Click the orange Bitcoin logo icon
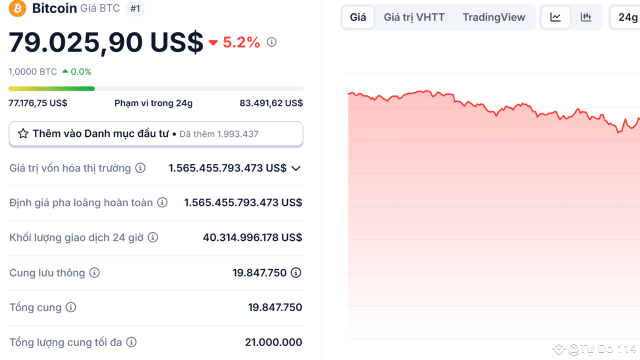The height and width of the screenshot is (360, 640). [17, 8]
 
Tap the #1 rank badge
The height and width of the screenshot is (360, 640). [135, 8]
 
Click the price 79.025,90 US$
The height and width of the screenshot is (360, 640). [106, 42]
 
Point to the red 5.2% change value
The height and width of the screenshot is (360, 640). [241, 42]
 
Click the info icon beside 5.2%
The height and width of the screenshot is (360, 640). [271, 42]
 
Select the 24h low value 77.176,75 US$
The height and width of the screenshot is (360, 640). [38, 103]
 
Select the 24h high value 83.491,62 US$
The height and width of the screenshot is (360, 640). [271, 103]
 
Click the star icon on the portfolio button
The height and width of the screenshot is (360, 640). [23, 134]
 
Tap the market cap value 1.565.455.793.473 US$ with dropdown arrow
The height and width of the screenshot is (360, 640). [227, 168]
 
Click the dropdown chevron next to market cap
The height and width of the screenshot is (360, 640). [296, 168]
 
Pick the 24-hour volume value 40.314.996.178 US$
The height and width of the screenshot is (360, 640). [252, 237]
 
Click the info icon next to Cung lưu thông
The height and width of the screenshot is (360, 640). [94, 273]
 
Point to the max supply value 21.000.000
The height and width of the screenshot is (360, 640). [273, 342]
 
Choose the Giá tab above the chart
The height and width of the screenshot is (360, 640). [358, 17]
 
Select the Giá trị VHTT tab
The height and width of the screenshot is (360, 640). [414, 17]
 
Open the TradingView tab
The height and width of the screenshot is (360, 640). [494, 17]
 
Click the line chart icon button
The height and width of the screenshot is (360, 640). [555, 17]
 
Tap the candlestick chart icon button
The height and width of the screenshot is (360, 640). [586, 17]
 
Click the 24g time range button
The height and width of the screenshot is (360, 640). [627, 17]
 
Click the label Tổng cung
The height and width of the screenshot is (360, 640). [35, 307]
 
